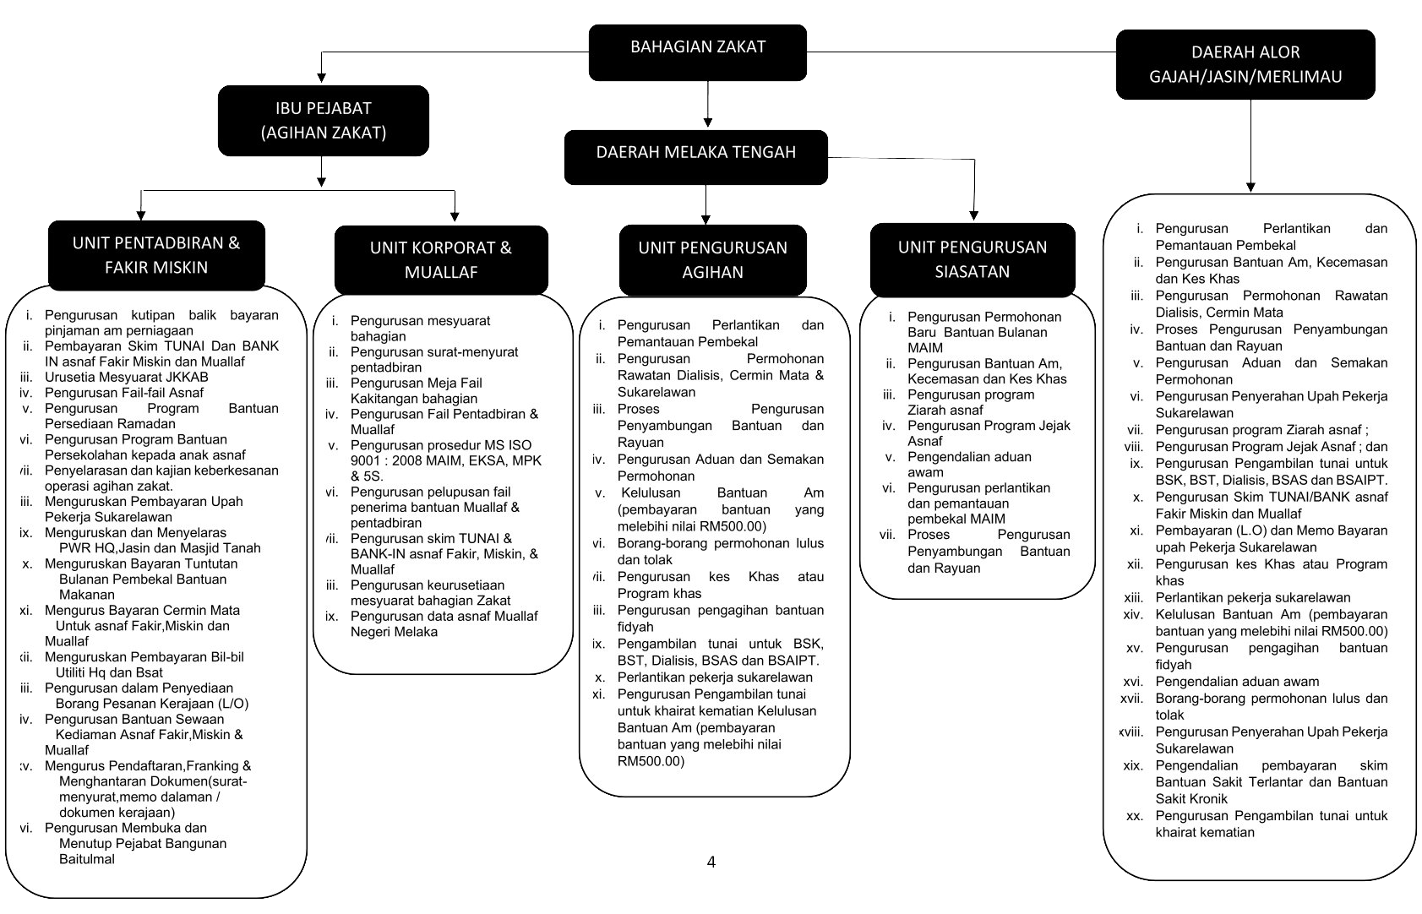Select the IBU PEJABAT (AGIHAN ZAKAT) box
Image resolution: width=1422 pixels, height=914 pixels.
[324, 120]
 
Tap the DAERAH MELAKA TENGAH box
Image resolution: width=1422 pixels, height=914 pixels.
[695, 153]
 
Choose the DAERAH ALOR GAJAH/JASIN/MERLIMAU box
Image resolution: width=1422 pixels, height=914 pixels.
[1245, 64]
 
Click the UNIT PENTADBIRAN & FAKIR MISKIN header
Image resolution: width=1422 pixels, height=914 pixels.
[156, 254]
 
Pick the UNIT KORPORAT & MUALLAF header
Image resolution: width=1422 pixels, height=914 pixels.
[440, 259]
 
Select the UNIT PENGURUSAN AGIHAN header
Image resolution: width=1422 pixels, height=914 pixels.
[712, 259]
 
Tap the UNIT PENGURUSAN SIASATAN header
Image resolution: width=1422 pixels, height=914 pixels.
[972, 258]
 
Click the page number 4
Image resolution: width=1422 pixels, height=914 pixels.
[711, 862]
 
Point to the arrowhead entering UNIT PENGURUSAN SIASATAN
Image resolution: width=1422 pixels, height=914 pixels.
[973, 215]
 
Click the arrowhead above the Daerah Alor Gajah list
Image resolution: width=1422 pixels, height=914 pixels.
[1250, 187]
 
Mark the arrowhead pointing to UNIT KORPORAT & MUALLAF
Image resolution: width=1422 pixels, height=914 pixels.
[455, 217]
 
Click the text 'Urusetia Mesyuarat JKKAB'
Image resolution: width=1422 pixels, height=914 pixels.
[124, 377]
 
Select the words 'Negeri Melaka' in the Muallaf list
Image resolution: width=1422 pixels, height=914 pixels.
[394, 632]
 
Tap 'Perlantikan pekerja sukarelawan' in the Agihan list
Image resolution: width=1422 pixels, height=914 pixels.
[715, 677]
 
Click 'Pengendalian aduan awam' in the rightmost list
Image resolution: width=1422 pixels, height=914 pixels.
[1237, 682]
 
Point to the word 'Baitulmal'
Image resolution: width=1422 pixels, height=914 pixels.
[87, 859]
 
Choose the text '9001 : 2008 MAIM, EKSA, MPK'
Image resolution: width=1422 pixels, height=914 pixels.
[445, 460]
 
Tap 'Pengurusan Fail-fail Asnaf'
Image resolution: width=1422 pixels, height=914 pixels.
[124, 392]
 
